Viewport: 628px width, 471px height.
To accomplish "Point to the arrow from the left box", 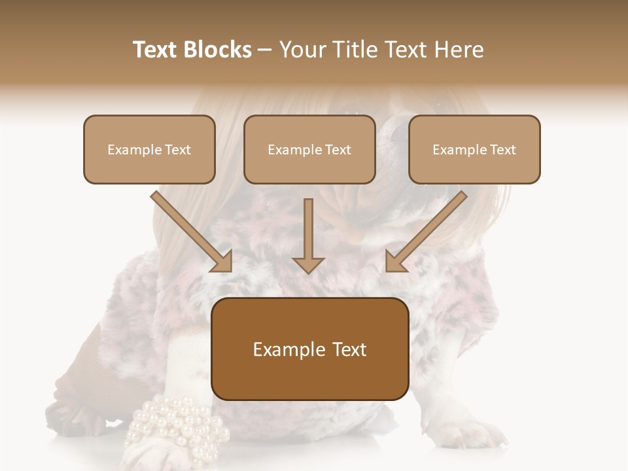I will click(194, 232).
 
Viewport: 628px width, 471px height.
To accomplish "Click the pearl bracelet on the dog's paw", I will click(177, 425).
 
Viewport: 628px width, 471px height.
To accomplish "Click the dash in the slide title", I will click(265, 50).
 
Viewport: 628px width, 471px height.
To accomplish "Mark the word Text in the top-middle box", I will click(338, 150).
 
